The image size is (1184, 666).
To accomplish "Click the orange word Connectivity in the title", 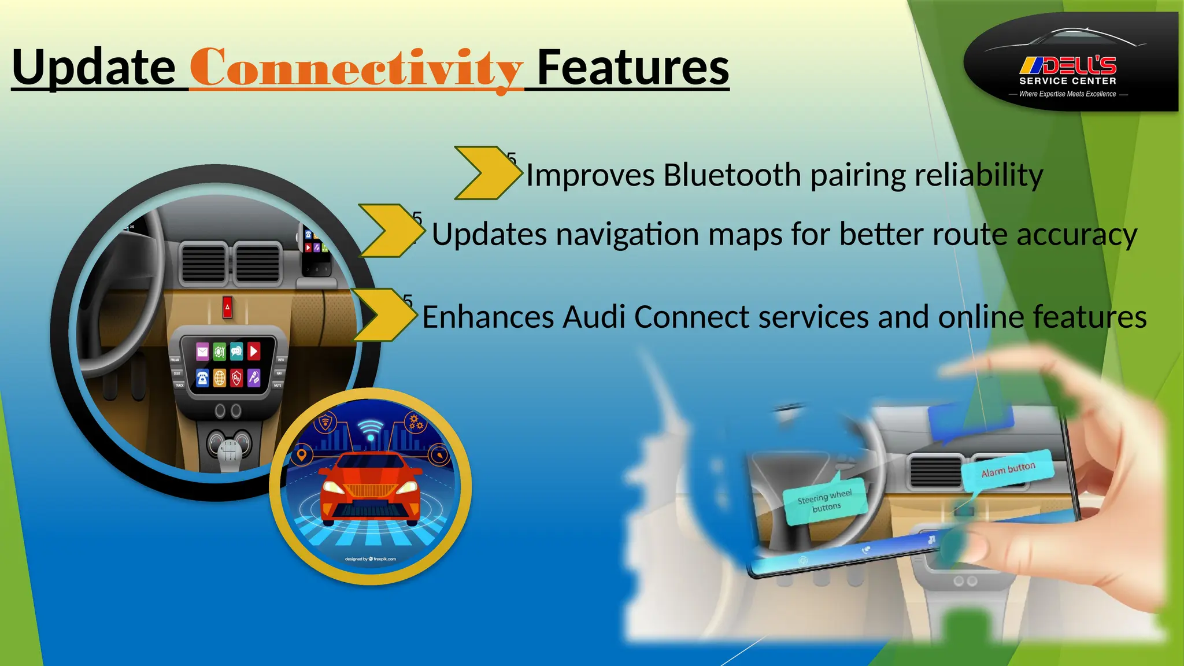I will pos(356,69).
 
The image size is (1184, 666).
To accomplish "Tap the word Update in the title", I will pos(94,68).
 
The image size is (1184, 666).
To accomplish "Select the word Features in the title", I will pos(633,68).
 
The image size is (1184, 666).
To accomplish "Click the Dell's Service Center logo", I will pos(1070,64).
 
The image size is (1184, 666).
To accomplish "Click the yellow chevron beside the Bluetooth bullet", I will pos(487,173).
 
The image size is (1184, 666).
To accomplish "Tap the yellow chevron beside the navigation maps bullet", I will pos(390,231).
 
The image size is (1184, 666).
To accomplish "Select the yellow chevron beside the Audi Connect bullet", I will pos(383,315).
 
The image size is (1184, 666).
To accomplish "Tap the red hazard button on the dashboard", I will pos(227,308).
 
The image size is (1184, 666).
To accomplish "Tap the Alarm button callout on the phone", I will pos(1008,470).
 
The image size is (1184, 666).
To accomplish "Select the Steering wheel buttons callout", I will pos(824,501).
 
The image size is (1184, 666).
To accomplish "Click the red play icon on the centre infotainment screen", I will pos(253,351).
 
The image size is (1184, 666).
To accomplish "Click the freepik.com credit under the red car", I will pos(371,559).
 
